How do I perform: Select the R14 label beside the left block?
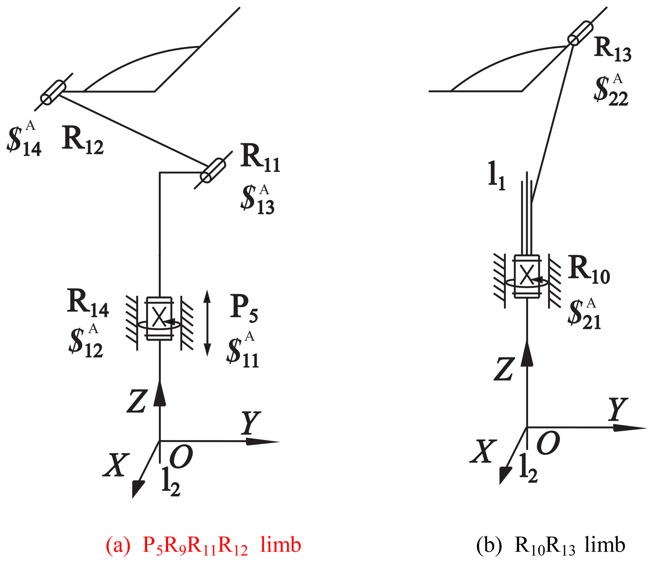[x=88, y=303]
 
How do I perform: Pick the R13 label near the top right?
[x=613, y=49]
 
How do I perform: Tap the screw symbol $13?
[x=257, y=199]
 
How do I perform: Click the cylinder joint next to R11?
[x=213, y=170]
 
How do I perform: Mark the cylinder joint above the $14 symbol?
[x=53, y=92]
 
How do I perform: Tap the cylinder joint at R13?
[x=580, y=33]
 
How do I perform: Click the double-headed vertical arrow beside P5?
[x=207, y=323]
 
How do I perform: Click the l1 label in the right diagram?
[x=496, y=176]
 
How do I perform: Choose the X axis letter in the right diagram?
[x=483, y=452]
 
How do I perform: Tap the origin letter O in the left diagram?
[x=181, y=456]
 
